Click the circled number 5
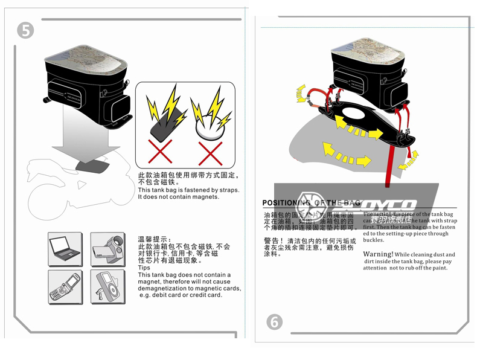(25, 30)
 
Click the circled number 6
(274, 321)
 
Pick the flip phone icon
(65, 286)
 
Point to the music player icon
(107, 286)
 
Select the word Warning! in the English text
(378, 254)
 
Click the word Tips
(144, 268)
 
